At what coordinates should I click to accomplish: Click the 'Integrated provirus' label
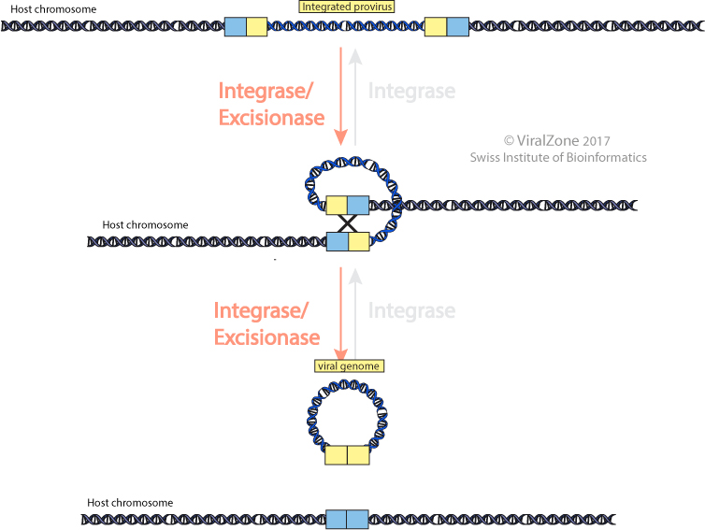346,7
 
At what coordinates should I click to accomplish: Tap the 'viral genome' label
346,366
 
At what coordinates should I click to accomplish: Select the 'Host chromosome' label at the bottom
130,503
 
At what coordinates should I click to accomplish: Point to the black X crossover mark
347,223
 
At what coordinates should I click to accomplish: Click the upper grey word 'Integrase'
411,92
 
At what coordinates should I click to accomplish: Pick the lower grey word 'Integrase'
411,311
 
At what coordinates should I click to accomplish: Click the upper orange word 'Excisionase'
271,119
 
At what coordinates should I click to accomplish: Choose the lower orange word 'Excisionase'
267,337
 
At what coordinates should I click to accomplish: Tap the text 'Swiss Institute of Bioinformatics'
557,158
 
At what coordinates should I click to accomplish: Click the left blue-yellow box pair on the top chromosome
246,26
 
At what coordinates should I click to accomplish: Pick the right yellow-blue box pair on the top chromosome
447,26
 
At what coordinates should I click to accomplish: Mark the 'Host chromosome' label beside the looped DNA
146,225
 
